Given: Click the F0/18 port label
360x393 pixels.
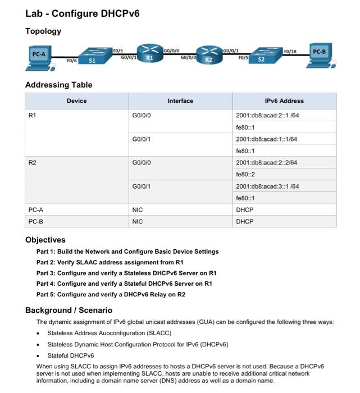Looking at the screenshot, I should (290, 50).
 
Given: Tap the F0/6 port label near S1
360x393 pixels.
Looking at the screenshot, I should (71, 60).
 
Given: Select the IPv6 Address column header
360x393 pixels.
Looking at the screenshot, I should (284, 101).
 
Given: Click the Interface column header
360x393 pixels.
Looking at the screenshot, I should (180, 101).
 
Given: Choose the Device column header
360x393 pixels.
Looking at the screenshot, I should (77, 101).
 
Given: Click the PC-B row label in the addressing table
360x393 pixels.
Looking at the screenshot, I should (36, 221).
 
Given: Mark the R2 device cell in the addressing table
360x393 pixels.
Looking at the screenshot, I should (32, 162).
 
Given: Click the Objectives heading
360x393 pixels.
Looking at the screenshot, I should (45, 240).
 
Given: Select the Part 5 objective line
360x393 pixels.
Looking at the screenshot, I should (111, 294).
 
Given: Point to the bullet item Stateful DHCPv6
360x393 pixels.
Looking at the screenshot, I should (70, 355).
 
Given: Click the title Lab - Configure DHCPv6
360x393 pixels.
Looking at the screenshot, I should (82, 13).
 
